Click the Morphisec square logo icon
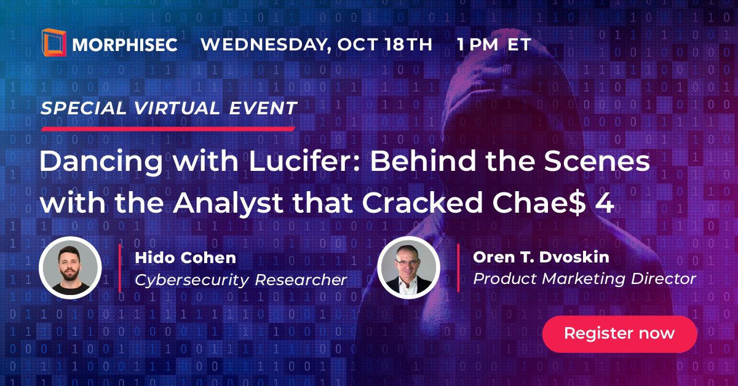(x=54, y=43)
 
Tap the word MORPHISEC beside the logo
(x=125, y=45)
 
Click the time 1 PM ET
(x=494, y=45)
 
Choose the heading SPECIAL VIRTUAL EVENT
(x=169, y=108)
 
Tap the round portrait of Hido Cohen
(x=70, y=268)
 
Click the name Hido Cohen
(x=186, y=258)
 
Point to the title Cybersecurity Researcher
(x=240, y=280)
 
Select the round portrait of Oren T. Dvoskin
(x=408, y=268)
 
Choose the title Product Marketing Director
(x=584, y=278)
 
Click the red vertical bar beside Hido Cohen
(x=120, y=268)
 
